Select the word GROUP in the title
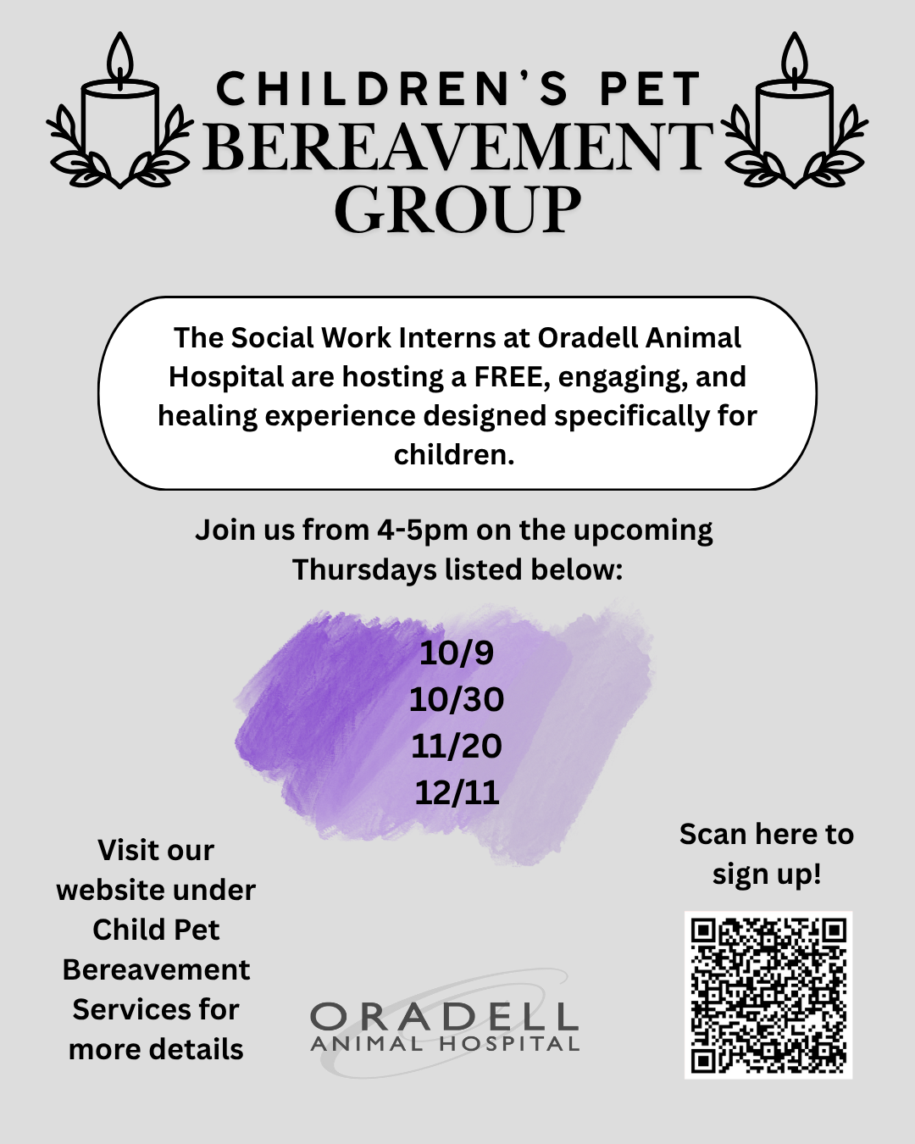(x=457, y=209)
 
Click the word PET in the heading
(x=651, y=90)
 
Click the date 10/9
(x=457, y=653)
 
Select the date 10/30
(x=457, y=699)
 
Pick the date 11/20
(x=457, y=746)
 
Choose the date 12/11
(x=457, y=792)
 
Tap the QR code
(x=768, y=995)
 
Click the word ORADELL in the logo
(x=444, y=1017)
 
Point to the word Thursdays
(x=364, y=570)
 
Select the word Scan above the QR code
(x=713, y=834)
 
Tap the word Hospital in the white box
(x=225, y=376)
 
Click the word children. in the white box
(x=454, y=455)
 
